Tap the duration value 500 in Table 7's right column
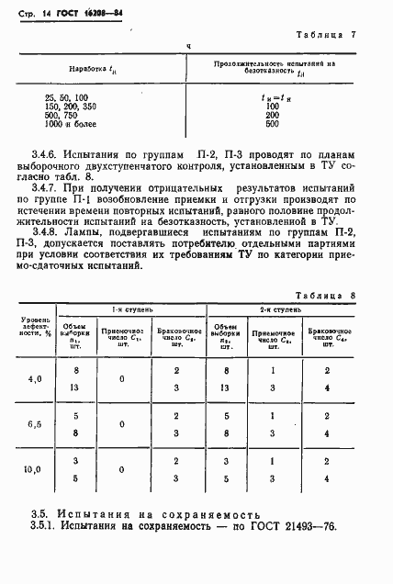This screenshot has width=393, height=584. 272,123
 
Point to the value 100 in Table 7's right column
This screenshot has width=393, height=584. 272,106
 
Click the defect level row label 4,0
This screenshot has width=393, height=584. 35,378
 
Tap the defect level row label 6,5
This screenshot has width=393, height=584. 35,424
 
